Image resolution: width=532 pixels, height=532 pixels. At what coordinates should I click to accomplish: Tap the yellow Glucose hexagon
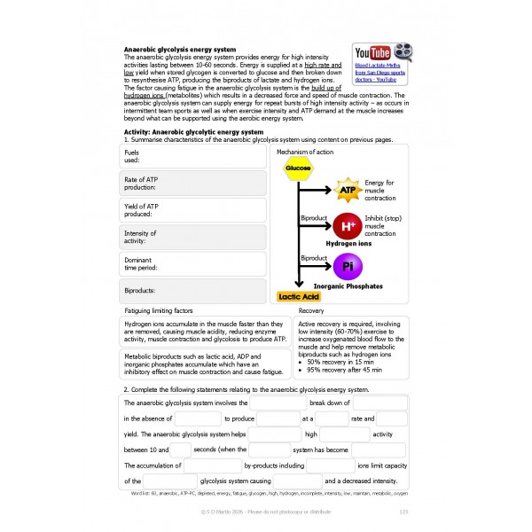(x=298, y=168)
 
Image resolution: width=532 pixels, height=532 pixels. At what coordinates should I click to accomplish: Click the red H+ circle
(x=347, y=225)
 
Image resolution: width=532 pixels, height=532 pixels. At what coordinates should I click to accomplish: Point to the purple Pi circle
(x=347, y=266)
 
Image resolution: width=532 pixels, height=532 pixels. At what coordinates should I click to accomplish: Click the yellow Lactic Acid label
(x=298, y=297)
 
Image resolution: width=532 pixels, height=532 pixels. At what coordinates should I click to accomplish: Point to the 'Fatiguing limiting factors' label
(x=159, y=311)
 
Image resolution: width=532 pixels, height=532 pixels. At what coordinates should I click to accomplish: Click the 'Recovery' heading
(x=311, y=311)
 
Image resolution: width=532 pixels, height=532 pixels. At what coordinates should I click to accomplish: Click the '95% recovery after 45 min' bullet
(x=346, y=370)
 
